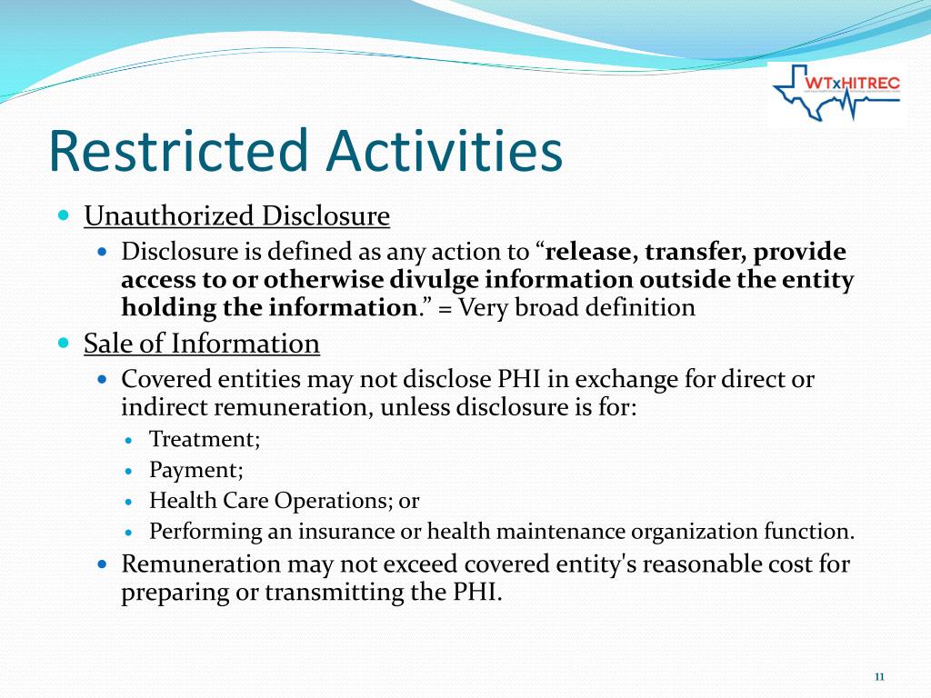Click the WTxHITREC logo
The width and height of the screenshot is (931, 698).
point(836,95)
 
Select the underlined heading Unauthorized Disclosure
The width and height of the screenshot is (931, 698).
point(236,216)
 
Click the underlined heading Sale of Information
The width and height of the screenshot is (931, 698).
point(201,344)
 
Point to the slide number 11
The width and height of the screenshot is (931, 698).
point(879,676)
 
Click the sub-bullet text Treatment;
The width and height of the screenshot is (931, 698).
point(205,439)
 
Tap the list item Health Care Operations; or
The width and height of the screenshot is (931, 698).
point(284,501)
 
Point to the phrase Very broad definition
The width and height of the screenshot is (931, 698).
point(577,307)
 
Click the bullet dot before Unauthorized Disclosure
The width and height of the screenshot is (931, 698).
point(63,216)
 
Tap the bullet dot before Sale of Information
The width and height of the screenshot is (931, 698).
point(63,344)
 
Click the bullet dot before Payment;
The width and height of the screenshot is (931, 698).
point(129,471)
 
